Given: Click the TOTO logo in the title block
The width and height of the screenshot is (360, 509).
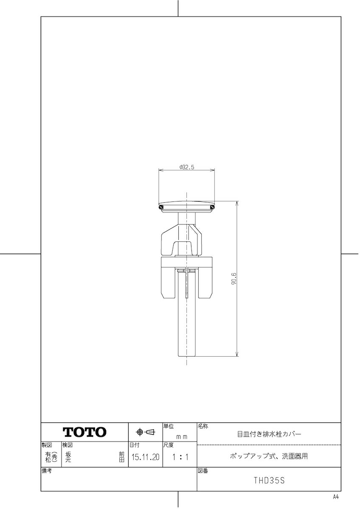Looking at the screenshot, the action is pyautogui.click(x=84, y=432).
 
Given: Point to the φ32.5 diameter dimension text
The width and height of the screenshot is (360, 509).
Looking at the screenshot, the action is pyautogui.click(x=187, y=167).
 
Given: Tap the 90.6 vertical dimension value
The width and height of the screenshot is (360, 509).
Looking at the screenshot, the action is pyautogui.click(x=234, y=279).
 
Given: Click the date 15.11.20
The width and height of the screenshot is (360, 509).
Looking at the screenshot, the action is pyautogui.click(x=146, y=457).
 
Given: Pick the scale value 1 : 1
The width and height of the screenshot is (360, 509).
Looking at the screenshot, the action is pyautogui.click(x=180, y=457).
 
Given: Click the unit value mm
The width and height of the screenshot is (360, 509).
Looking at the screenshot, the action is pyautogui.click(x=182, y=437).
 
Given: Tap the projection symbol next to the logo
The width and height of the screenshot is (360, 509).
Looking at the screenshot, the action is pyautogui.click(x=145, y=432).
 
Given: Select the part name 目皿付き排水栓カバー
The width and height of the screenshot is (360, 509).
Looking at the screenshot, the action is pyautogui.click(x=269, y=434).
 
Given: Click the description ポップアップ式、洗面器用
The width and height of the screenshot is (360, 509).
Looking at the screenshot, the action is pyautogui.click(x=269, y=456).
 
